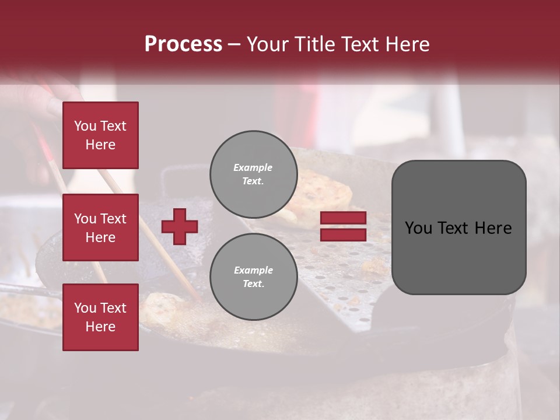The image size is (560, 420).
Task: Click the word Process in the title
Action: coord(183,44)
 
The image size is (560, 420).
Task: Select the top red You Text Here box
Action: coord(100,135)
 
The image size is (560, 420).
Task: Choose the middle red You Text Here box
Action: coord(100,228)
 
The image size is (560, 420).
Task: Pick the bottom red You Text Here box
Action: coord(100,317)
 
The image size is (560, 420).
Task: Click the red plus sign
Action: coord(180,226)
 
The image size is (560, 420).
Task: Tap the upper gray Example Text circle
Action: coord(253,174)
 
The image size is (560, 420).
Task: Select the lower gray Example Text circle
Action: coord(253,276)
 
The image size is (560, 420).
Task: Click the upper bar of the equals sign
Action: coord(343,218)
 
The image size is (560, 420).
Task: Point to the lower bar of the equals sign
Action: coord(343,235)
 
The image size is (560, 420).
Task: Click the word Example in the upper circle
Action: coord(253,167)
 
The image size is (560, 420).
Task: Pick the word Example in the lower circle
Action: coord(253,270)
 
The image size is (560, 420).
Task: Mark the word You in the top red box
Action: coord(85,126)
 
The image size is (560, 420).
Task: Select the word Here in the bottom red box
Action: coord(100,327)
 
